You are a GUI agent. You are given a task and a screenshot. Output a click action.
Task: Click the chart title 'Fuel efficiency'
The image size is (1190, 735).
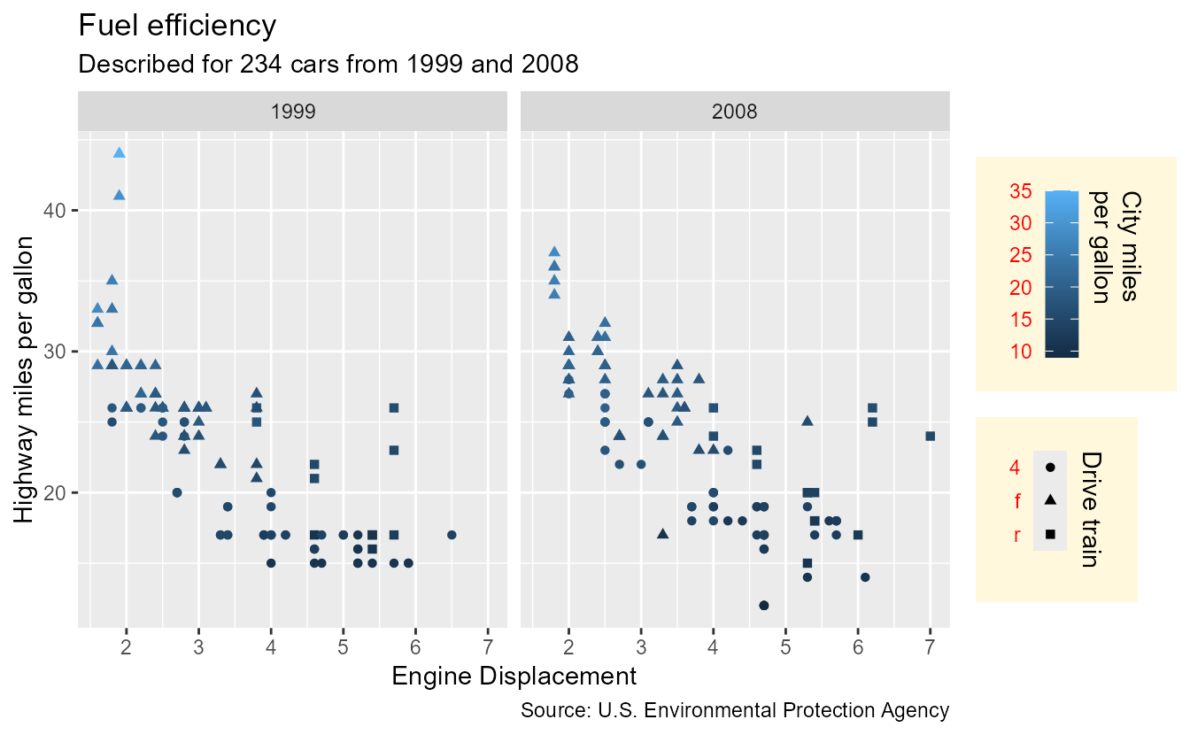click(178, 26)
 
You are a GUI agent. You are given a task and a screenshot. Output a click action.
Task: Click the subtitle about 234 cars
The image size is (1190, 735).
click(328, 65)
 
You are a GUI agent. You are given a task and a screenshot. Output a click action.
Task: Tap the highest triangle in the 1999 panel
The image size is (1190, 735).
click(120, 152)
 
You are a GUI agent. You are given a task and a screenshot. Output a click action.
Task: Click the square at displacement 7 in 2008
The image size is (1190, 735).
click(930, 436)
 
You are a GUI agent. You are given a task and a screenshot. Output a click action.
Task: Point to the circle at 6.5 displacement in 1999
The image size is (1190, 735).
click(452, 535)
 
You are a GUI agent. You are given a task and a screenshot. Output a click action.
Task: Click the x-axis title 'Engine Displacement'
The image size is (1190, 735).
click(514, 677)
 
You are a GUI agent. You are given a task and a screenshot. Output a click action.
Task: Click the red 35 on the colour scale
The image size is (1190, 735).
click(1020, 191)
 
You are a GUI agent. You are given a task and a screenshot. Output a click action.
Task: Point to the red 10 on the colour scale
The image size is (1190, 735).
click(1020, 352)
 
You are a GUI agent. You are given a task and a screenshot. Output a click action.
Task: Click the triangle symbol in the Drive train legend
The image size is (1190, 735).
click(1050, 500)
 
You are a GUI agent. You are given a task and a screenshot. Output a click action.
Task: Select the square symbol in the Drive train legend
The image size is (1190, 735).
click(1050, 534)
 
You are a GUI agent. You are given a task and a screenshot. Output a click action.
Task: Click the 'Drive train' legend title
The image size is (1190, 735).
click(1091, 509)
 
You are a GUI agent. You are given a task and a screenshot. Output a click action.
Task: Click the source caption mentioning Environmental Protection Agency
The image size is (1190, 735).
click(735, 710)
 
